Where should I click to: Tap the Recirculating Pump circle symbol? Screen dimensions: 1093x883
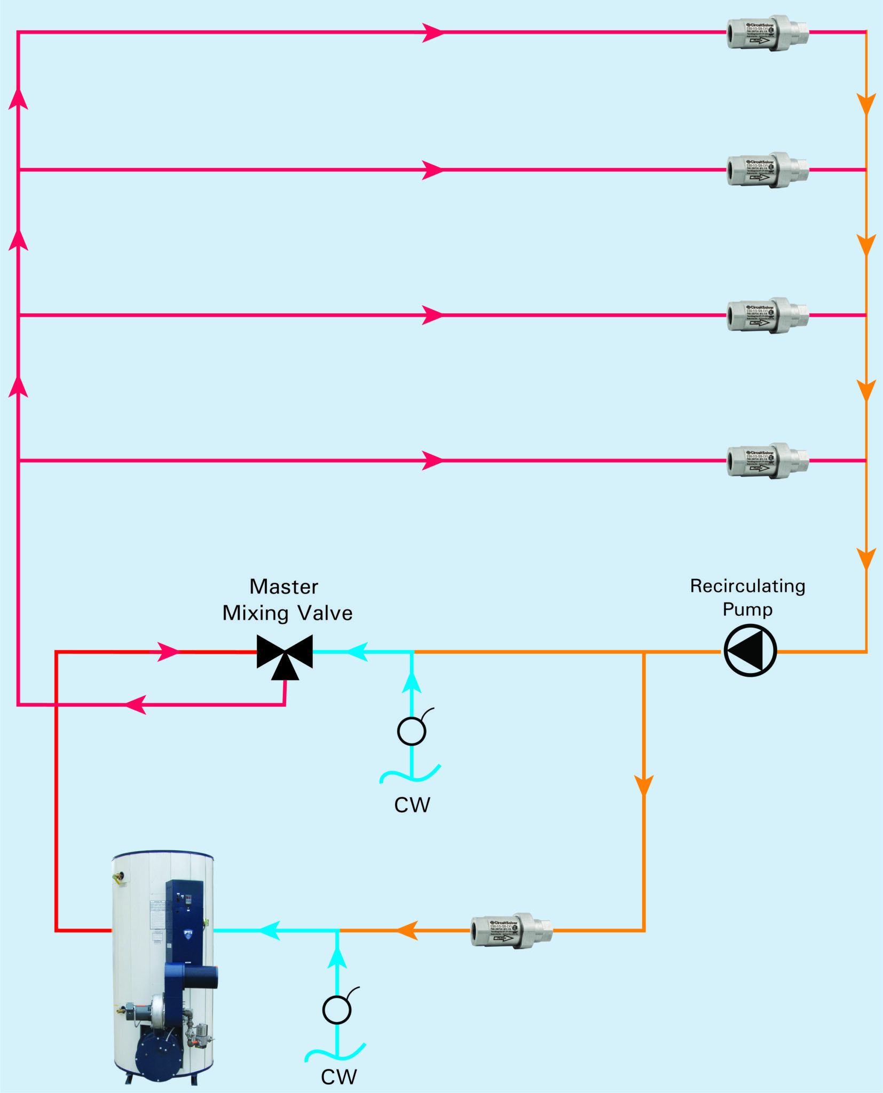coord(750,651)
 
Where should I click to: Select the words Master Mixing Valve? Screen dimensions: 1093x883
coord(287,600)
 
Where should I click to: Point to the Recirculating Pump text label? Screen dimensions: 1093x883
coord(747,597)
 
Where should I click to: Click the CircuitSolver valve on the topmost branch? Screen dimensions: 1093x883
coord(767,33)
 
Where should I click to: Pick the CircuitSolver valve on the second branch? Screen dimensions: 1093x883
coord(767,170)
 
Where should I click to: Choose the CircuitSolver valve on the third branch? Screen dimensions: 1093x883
coord(767,315)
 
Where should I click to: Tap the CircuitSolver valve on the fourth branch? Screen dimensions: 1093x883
coord(767,461)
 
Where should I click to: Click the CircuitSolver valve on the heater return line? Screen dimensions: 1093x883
coord(511,931)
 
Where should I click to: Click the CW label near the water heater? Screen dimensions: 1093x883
coord(338,1077)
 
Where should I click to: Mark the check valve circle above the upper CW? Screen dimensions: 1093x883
coord(412,731)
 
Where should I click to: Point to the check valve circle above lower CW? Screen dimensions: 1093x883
coord(337,1010)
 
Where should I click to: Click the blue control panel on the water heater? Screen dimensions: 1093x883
coord(185,918)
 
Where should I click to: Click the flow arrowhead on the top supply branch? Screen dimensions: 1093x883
coord(432,33)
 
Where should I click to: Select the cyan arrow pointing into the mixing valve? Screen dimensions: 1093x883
coord(358,652)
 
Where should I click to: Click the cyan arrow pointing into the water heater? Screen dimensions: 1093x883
coord(270,931)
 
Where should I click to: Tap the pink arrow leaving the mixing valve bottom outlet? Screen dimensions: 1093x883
coord(135,704)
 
